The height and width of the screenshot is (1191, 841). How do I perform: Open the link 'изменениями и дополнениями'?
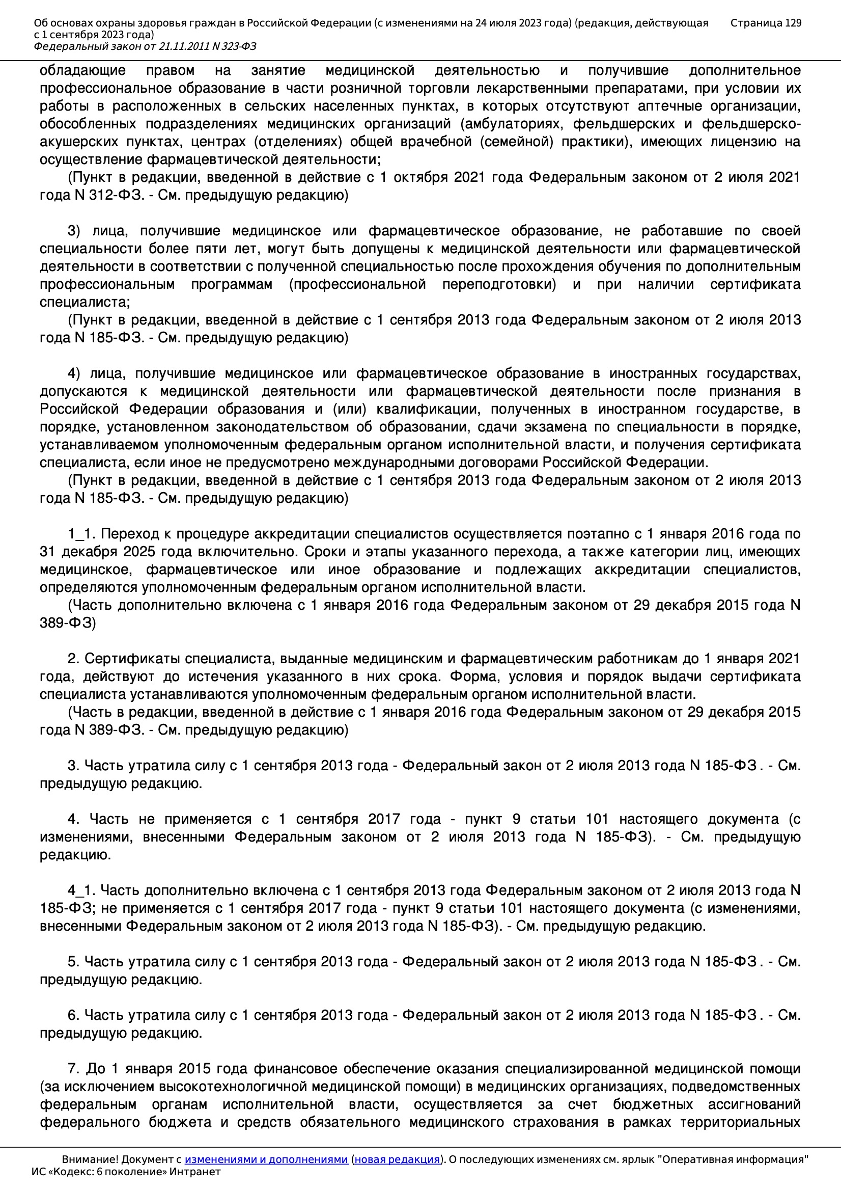[x=266, y=1159]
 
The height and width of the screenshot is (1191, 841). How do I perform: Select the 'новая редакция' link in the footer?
[x=397, y=1159]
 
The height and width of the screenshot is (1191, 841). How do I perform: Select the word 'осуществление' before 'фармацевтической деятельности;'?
[x=91, y=159]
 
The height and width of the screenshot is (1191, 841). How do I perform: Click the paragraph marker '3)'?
[x=74, y=231]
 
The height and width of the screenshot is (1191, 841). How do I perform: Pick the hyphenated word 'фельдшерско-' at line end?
[x=751, y=124]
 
